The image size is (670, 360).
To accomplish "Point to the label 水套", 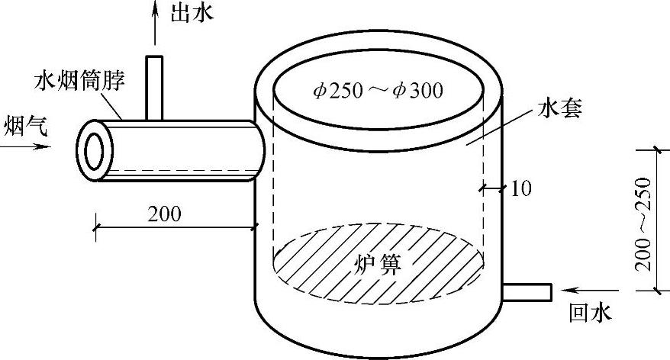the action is (560, 109).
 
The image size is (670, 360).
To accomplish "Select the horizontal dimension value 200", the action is (166, 214).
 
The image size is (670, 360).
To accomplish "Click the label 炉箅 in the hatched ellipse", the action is (378, 264).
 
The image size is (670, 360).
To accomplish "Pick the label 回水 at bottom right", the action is (591, 313).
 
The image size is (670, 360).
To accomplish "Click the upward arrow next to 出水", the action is (155, 23).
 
